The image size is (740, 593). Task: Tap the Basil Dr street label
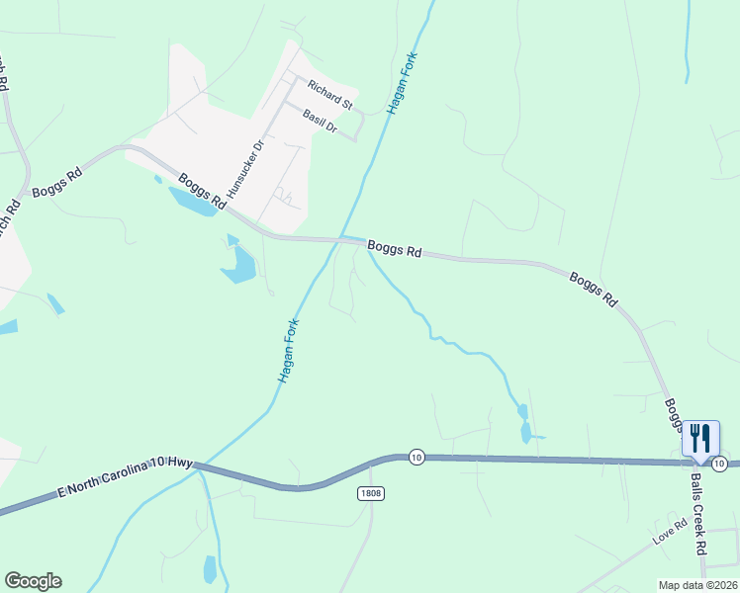coord(321,122)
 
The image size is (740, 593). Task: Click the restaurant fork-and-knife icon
coord(700,436)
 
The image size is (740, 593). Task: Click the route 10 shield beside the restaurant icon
coord(720,464)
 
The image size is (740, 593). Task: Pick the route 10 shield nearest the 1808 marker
coord(416,457)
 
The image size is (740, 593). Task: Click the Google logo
coord(33,581)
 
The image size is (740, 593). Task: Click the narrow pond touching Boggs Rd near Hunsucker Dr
coord(194,202)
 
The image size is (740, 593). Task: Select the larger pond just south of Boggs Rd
coord(240,264)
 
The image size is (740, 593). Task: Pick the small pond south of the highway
coord(210,569)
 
